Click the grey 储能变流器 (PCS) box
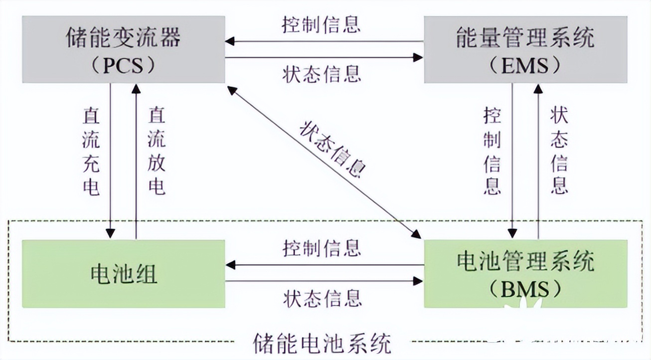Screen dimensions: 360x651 (123, 49)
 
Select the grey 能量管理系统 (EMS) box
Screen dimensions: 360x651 (525, 49)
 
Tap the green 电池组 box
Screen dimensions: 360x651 (123, 273)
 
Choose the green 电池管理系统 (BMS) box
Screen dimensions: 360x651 (525, 273)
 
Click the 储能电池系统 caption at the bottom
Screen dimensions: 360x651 (322, 344)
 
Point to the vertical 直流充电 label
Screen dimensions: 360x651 (91, 152)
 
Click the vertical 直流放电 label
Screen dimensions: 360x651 (157, 152)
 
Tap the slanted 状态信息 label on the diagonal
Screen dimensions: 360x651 (332, 149)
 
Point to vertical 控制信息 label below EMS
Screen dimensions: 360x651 (492, 152)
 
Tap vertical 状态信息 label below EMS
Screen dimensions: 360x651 (559, 152)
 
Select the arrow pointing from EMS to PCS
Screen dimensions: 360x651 (324, 41)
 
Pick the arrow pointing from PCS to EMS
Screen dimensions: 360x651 (324, 58)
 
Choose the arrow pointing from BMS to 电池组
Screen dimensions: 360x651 (324, 264)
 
